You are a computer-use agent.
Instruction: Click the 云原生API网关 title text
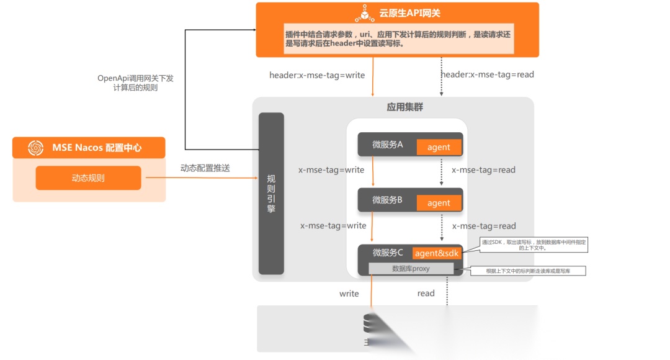pos(409,13)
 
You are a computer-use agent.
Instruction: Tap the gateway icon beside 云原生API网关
pos(364,13)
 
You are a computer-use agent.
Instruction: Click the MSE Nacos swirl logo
pos(35,148)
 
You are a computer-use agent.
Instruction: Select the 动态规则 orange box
pos(88,178)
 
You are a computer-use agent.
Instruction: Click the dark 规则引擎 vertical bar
pos(271,193)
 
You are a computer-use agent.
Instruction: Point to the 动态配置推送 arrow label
pos(205,168)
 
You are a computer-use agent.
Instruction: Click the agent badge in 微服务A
pos(439,147)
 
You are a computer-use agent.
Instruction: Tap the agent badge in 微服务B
pos(439,203)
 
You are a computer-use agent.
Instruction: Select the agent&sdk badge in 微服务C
pos(436,253)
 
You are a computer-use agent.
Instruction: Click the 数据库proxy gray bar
pos(411,269)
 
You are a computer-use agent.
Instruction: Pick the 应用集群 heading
pos(404,107)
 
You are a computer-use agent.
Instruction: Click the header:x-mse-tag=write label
pos(317,75)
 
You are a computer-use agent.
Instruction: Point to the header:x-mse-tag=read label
pos(487,74)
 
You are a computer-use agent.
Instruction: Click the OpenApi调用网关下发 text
pos(135,78)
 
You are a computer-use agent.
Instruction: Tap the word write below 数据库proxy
pos(349,294)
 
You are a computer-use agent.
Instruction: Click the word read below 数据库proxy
pos(426,294)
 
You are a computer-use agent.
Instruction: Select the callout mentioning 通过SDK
pos(535,245)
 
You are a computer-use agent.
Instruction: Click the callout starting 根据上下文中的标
pos(527,271)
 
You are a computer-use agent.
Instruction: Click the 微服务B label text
pos(387,200)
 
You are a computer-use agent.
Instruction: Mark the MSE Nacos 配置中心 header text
pos(97,148)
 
